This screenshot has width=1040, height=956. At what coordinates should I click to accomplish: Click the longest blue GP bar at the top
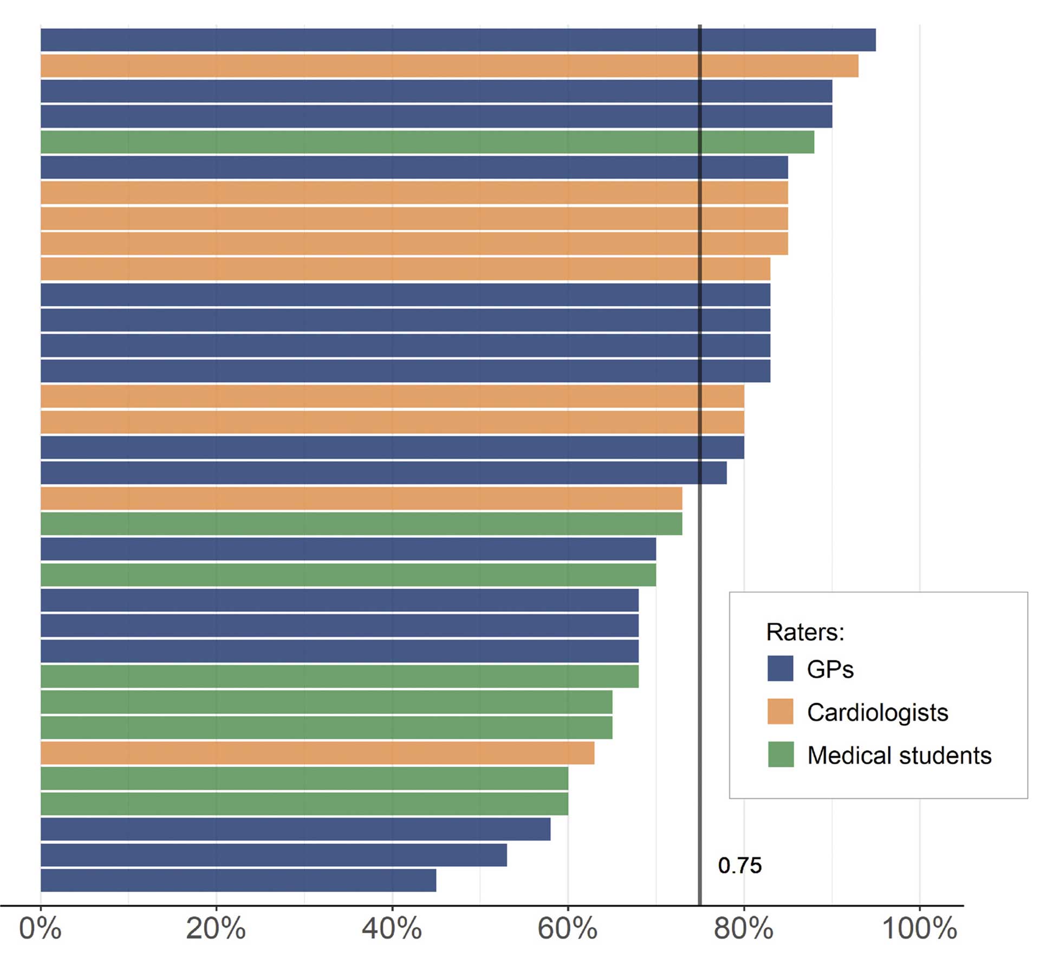point(458,40)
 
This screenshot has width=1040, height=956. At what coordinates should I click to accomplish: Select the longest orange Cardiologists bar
point(449,66)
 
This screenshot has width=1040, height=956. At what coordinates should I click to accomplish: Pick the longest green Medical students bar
point(427,142)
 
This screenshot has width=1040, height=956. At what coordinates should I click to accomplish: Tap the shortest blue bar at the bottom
point(238,880)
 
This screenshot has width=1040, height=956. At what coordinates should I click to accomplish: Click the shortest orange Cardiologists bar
point(317,753)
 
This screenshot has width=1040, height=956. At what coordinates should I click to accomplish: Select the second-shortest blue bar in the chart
point(274,855)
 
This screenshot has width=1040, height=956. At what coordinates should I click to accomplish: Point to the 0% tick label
point(40,928)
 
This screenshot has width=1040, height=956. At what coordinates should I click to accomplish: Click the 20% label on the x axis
point(216,928)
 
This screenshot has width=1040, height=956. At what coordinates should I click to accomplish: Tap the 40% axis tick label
point(392,928)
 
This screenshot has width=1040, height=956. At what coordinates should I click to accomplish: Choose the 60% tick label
point(567,928)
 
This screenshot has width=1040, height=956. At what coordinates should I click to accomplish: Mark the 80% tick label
point(743,928)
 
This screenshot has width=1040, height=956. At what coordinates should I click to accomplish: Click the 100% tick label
point(919,928)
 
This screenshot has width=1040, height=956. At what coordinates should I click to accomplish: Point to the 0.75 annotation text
point(739,866)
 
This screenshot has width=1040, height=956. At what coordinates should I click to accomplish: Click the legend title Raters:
point(805,632)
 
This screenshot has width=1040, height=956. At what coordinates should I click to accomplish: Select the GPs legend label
point(830,669)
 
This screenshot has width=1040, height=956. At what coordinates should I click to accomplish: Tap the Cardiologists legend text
point(877,712)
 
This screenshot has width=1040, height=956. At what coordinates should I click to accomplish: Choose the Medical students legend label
point(899,755)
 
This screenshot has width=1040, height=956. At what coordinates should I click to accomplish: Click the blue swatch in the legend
point(780,668)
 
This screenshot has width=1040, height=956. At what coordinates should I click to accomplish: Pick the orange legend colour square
point(780,711)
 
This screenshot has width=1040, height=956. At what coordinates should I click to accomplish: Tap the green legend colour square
point(780,754)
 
